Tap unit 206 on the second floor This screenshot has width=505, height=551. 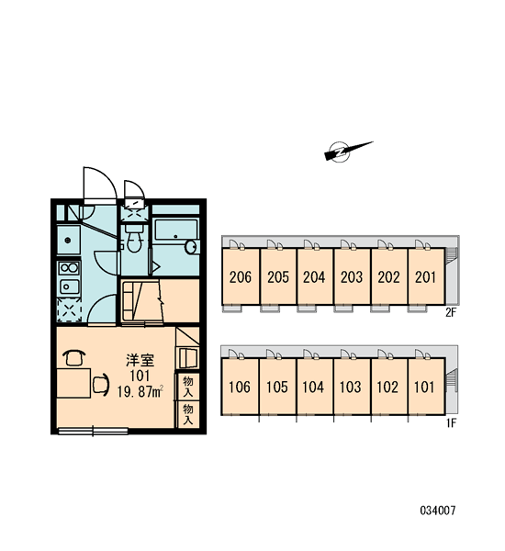241,276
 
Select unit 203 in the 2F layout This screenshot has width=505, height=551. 352,276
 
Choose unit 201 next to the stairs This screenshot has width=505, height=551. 426,276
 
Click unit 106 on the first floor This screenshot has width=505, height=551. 240,387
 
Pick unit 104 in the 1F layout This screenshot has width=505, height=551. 314,387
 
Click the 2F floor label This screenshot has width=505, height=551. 451,312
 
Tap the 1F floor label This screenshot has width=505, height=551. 451,423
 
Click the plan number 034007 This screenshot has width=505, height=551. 438,511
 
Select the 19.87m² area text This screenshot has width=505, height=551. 140,391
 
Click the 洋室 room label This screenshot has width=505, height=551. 140,361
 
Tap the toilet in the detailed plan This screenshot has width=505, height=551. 134,238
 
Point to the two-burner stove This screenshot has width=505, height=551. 69,268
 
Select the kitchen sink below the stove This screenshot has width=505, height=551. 69,287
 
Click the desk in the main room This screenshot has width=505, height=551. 73,383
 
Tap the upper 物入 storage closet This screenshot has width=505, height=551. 188,387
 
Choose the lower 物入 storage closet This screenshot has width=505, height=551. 188,414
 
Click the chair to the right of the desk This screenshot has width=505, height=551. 101,385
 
